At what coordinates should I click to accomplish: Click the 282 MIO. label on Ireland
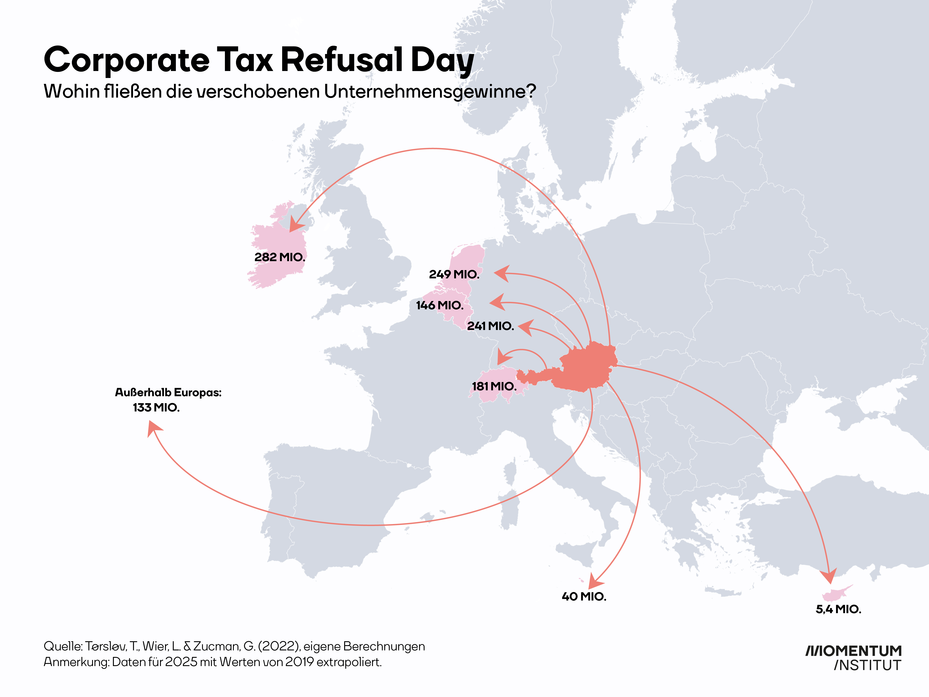coord(280,257)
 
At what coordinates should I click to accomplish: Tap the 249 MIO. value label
coord(454,274)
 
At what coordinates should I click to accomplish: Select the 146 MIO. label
coord(440,305)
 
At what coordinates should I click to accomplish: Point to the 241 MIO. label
coord(491,326)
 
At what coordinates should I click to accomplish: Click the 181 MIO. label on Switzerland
coord(494,386)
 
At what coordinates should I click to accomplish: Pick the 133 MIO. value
coord(156,408)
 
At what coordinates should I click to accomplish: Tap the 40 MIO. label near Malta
coord(584,597)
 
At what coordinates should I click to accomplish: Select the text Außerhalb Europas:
coord(168,392)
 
